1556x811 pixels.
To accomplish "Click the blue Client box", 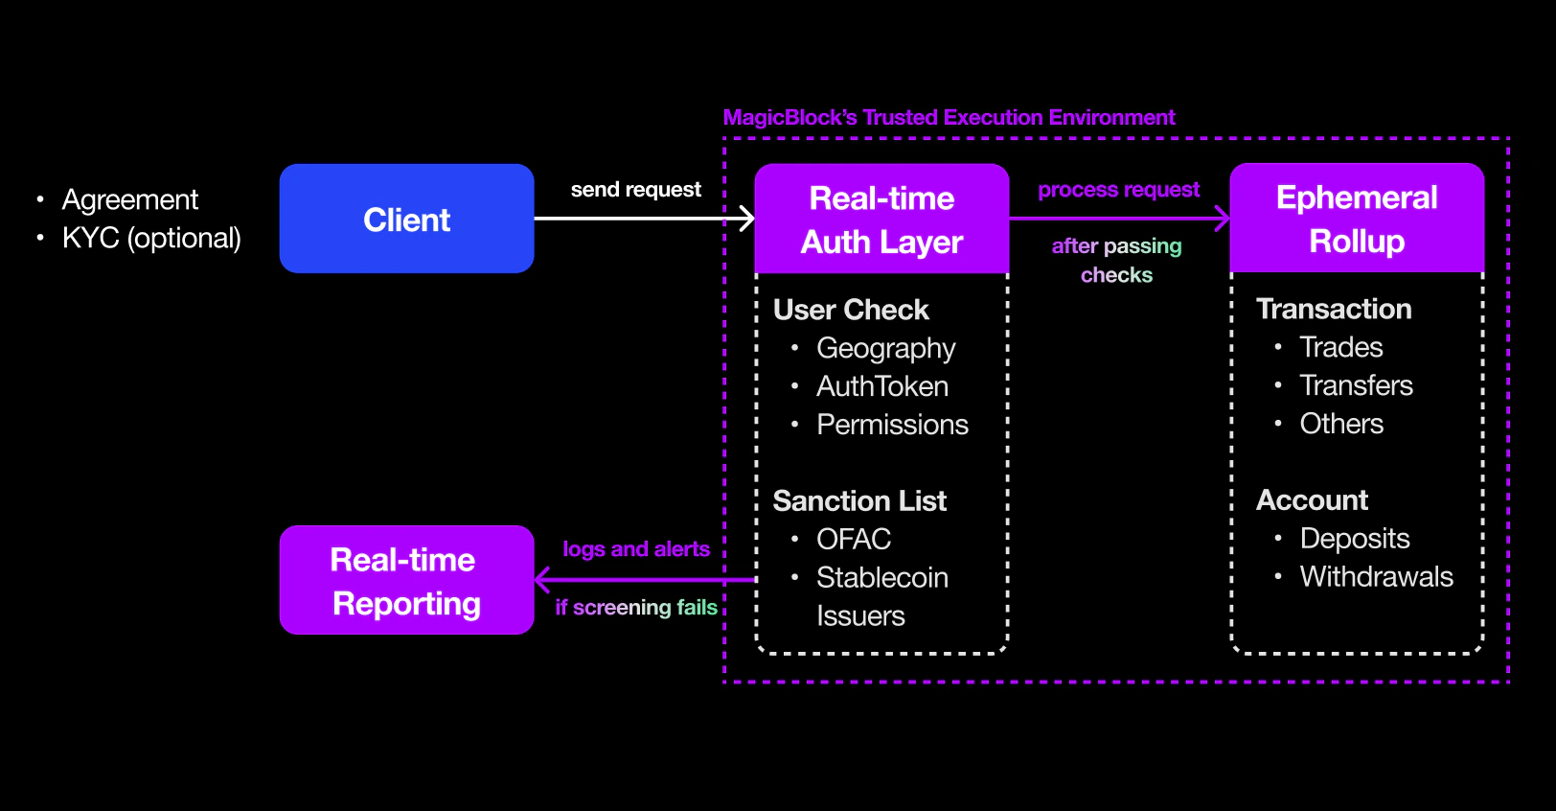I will (x=406, y=219).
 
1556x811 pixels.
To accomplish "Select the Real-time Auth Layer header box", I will (x=881, y=219).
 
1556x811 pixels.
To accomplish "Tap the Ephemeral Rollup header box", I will (x=1357, y=218).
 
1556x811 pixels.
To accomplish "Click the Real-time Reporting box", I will (x=406, y=580).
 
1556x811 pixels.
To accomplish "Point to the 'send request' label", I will (x=635, y=190).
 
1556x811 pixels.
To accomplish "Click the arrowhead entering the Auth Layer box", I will (x=747, y=219).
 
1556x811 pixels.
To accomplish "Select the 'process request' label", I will (x=1118, y=190).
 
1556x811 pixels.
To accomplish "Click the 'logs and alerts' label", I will (x=635, y=549).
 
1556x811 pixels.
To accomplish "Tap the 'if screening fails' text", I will (x=635, y=607).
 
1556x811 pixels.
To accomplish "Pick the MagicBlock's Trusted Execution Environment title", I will (x=949, y=117).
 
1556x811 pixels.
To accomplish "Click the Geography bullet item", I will (x=885, y=348).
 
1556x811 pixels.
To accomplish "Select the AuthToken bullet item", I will (x=881, y=386).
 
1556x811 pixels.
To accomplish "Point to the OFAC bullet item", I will (x=853, y=540).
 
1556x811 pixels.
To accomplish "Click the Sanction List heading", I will (x=859, y=500).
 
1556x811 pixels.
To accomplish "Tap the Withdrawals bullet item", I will (x=1376, y=577).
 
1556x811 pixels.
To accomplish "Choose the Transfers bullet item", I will (x=1356, y=385).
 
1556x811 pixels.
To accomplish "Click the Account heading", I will (x=1312, y=500).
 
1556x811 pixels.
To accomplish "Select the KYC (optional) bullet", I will (x=151, y=238).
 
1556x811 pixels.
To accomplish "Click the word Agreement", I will (x=130, y=199).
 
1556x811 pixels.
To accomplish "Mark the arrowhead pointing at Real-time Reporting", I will (x=542, y=580).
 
